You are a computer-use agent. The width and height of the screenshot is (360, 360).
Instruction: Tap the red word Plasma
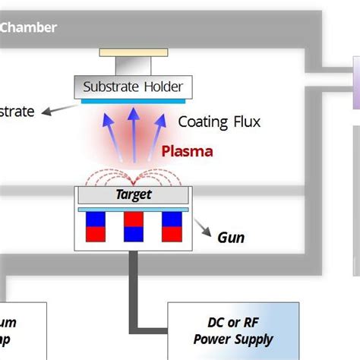188,151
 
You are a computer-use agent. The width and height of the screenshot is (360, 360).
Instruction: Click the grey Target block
134,194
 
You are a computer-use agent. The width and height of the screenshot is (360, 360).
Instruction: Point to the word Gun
231,238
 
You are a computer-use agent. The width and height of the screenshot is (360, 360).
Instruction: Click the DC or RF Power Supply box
232,331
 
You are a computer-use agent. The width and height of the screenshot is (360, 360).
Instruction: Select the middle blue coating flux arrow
134,133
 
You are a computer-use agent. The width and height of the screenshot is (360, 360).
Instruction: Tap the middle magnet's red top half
134,219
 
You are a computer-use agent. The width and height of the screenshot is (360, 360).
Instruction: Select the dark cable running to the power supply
134,289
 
